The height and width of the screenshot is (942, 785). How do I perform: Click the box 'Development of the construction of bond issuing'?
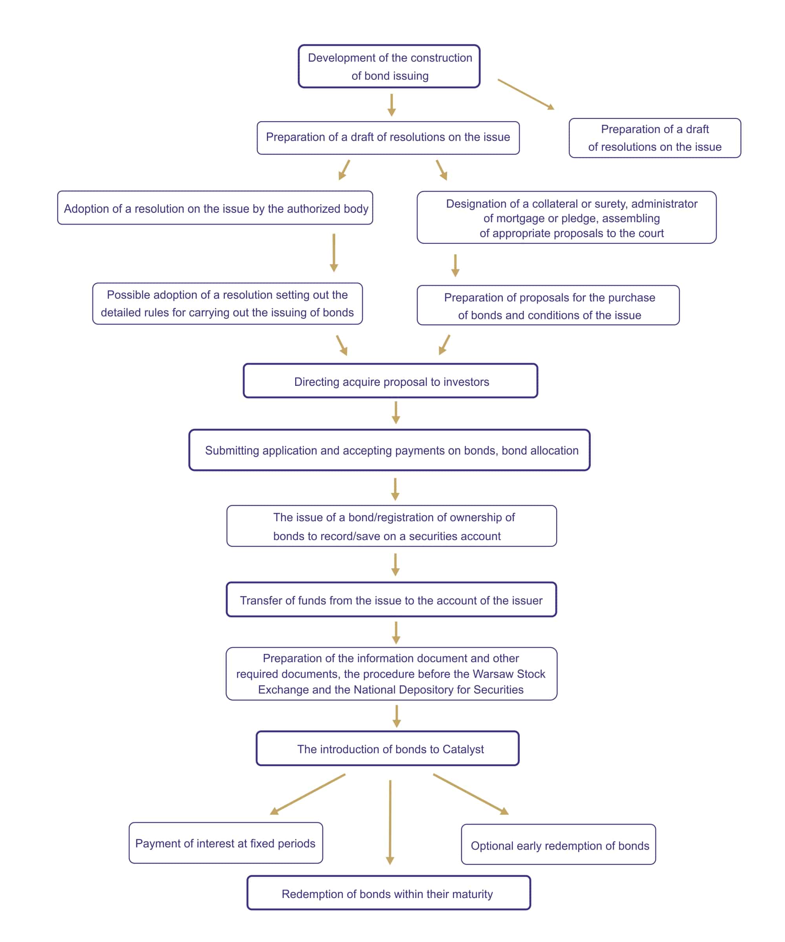389,66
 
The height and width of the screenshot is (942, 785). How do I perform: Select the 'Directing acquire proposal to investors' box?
390,381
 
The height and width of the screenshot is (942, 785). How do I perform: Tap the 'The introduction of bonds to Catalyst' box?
387,748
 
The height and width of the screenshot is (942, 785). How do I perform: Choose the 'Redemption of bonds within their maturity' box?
389,893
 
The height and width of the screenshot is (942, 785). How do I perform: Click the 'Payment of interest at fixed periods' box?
226,843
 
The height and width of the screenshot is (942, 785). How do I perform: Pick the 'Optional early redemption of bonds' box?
559,845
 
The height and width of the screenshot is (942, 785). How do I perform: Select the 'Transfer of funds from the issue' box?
391,600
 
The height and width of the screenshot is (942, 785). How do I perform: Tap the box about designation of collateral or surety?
566,217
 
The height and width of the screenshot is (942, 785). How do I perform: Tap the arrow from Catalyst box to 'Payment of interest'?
307,794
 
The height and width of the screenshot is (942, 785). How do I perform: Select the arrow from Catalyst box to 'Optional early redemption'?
471,794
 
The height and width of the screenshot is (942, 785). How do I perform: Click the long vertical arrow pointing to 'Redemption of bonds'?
390,822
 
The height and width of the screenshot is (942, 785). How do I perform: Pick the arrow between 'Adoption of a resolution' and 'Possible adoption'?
334,252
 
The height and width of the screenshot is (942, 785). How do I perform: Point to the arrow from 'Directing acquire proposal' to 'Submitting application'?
396,413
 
